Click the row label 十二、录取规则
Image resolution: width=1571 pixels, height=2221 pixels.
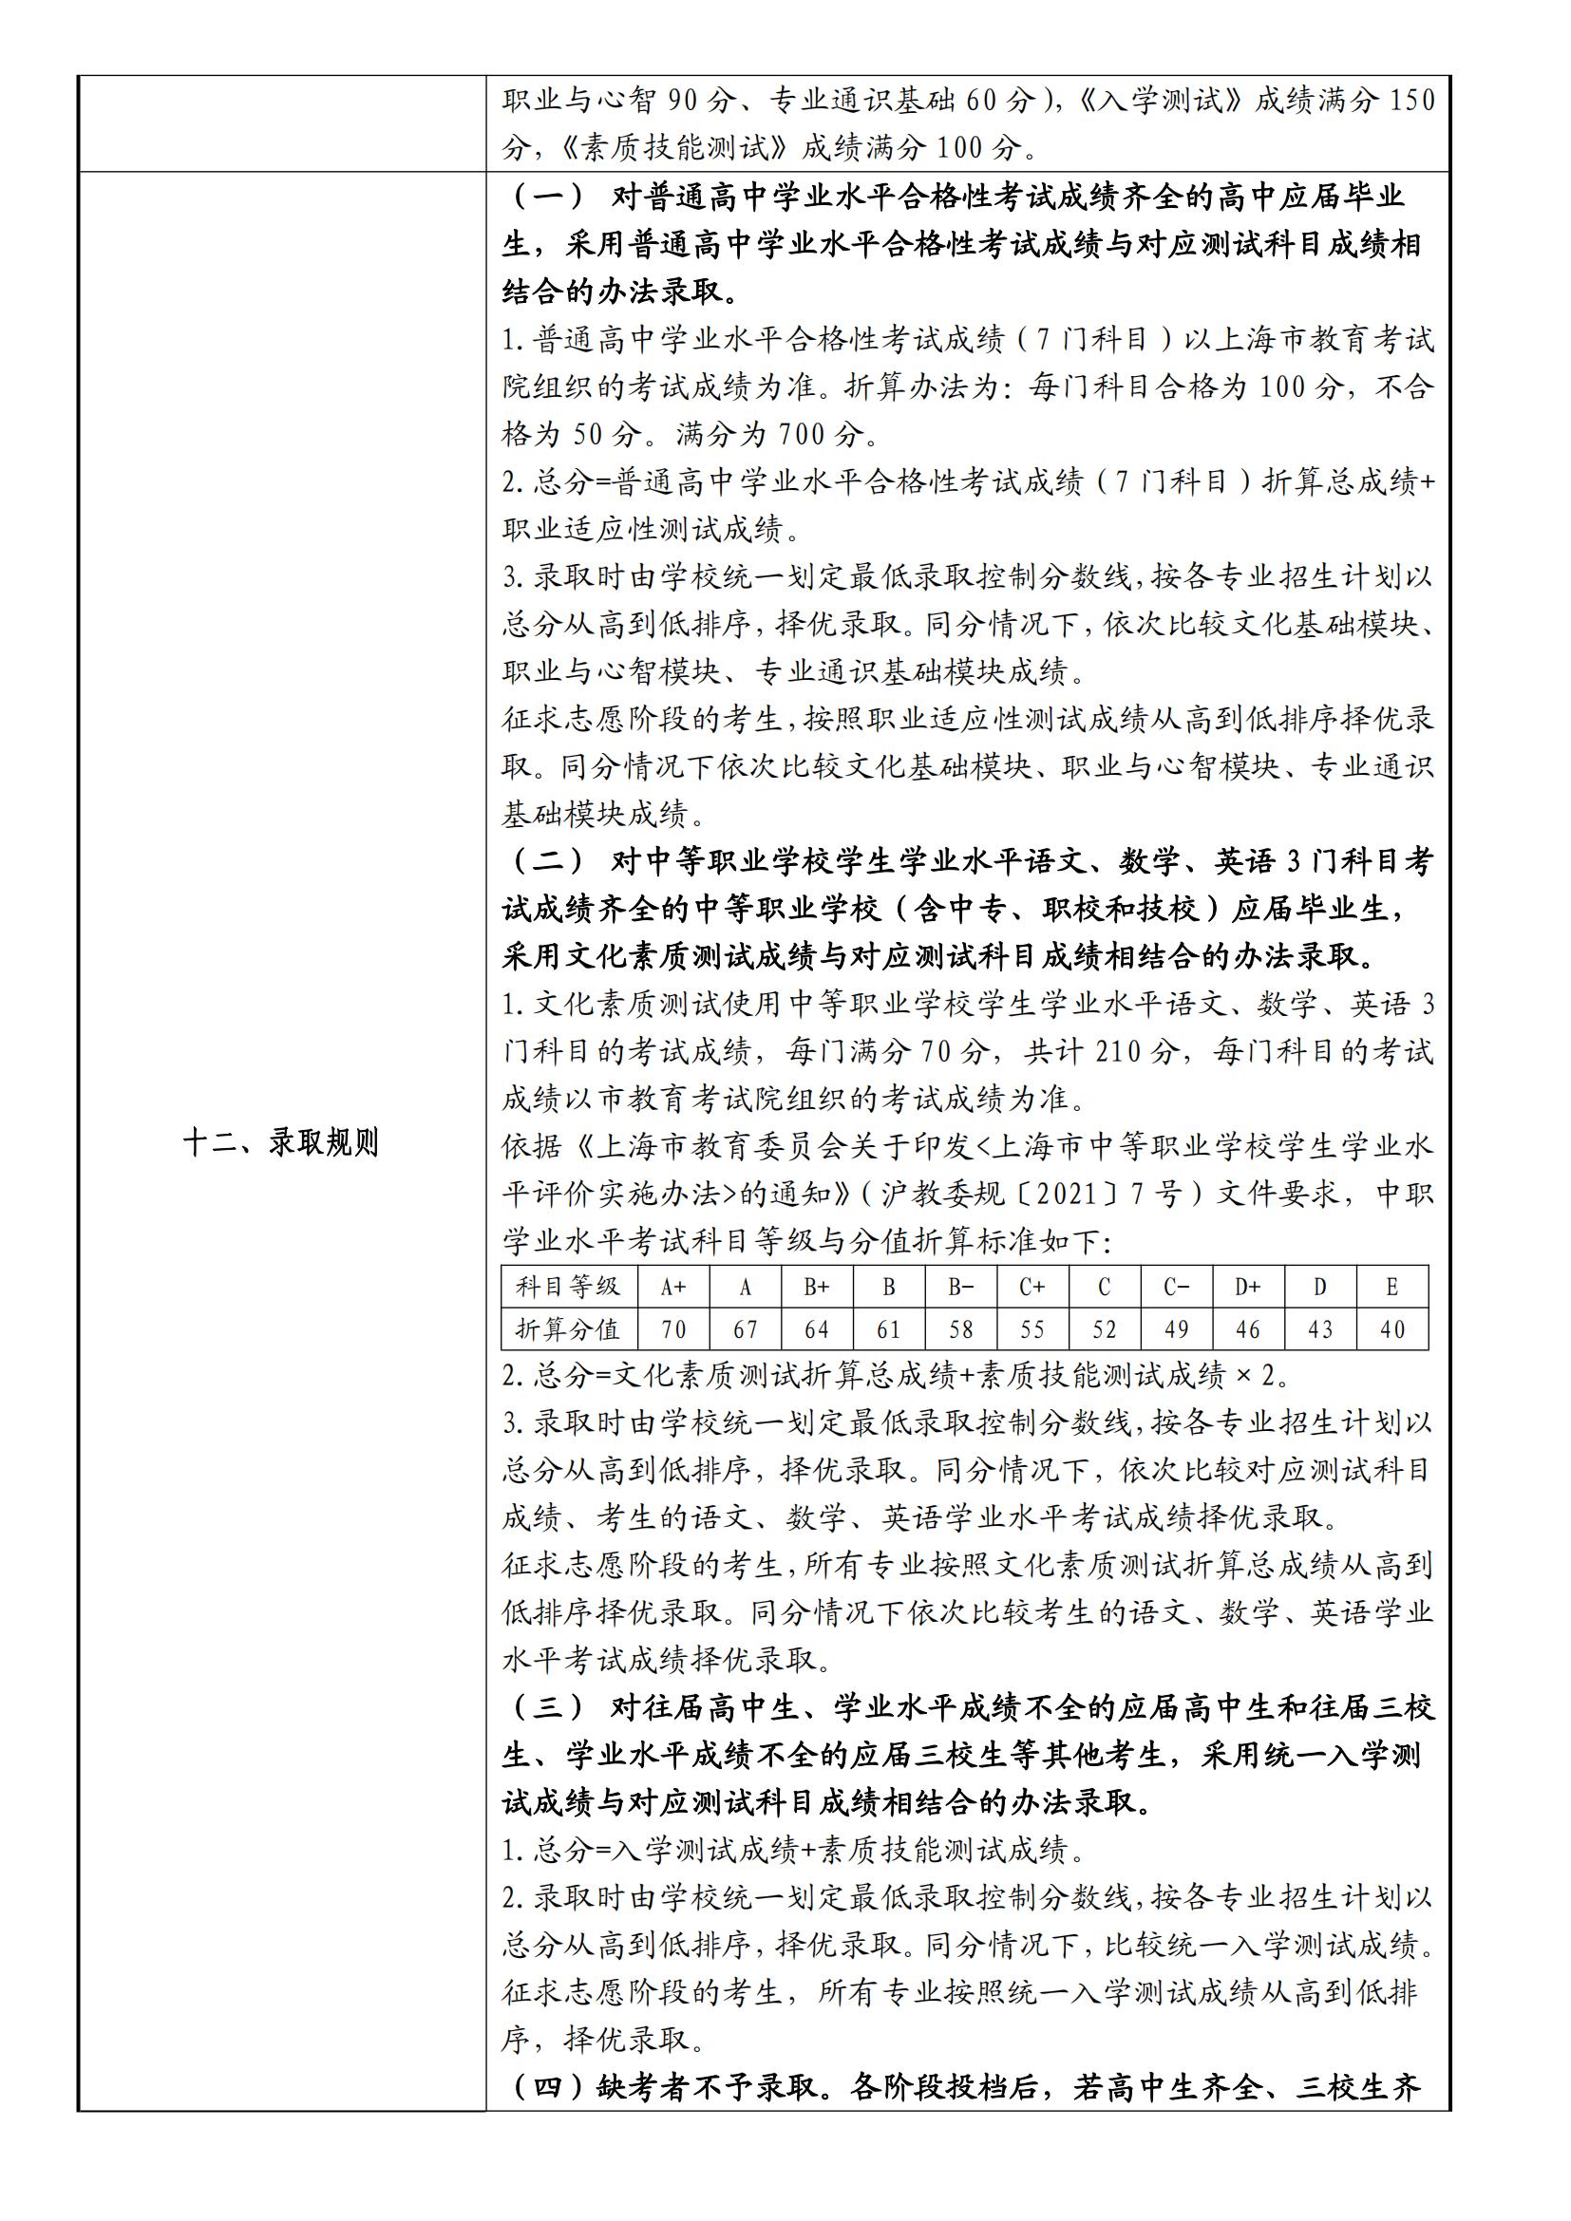(280, 1143)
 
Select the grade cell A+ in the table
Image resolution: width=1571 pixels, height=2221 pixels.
(673, 1287)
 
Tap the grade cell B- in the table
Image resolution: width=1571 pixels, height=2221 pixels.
(960, 1287)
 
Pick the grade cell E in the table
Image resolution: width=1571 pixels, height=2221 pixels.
(1392, 1287)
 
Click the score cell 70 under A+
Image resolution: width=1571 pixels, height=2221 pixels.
(673, 1330)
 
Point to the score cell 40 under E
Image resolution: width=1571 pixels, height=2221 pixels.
(1392, 1330)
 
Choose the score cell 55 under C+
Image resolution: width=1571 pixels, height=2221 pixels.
(1032, 1330)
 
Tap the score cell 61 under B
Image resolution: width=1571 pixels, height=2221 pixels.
(889, 1330)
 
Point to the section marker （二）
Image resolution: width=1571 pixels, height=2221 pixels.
(547, 861)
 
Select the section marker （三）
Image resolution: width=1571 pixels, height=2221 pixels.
(547, 1707)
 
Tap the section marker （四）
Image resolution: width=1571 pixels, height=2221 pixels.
(547, 2087)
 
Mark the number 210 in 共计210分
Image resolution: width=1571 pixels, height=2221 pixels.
(1124, 1051)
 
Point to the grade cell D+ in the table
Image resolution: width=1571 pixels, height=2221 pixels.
(1248, 1287)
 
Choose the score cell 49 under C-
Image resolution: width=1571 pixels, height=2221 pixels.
(1176, 1330)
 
